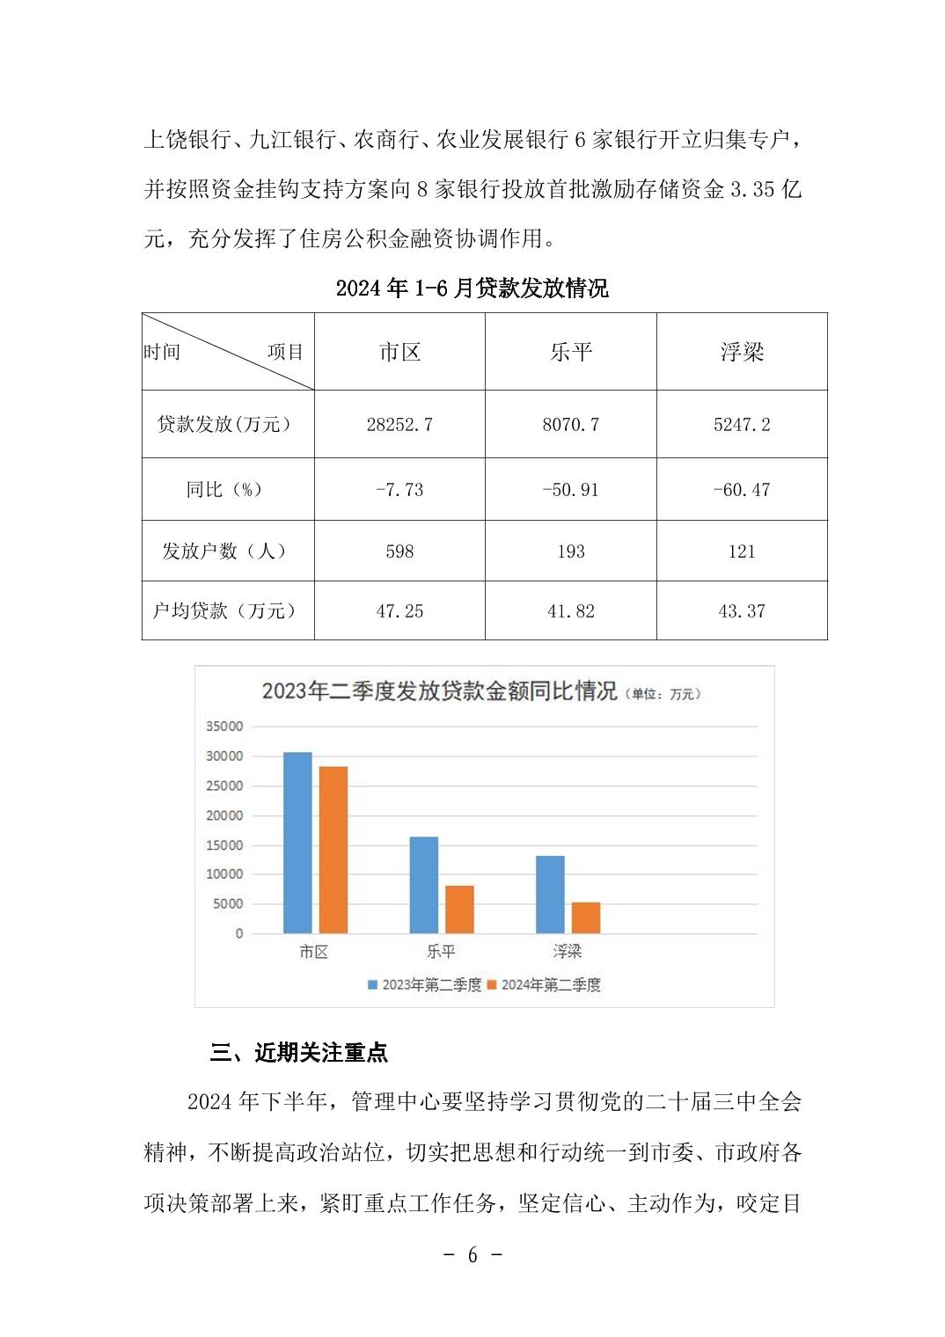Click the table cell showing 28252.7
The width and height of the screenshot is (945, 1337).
point(399,425)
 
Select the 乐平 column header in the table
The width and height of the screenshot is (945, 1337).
point(571,352)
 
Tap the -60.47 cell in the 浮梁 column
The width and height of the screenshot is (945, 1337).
point(742,490)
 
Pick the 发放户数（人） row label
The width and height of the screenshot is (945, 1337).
point(224,552)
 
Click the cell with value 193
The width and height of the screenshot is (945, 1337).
point(571,552)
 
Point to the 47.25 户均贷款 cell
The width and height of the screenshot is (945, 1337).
point(399,611)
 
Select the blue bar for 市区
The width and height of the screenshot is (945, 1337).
point(297,843)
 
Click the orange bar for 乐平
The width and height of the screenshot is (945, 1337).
point(459,910)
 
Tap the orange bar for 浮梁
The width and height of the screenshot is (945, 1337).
point(586,917)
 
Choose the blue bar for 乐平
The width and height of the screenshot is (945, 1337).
point(424,885)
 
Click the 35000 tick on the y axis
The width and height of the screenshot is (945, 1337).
point(224,727)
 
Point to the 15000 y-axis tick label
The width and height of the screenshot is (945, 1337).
point(224,845)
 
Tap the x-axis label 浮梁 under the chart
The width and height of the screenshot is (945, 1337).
point(568,952)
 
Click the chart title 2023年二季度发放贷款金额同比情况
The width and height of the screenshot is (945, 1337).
point(439,691)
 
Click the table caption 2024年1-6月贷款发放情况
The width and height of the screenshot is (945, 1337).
point(472,289)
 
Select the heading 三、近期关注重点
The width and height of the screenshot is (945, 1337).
point(299,1053)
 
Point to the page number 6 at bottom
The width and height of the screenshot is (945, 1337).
point(472,1255)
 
